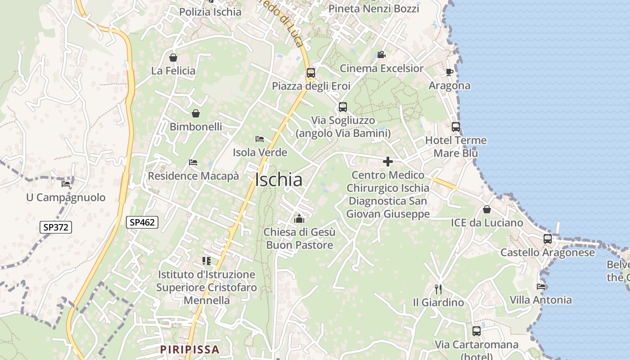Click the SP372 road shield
coord(56,227)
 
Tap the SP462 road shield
coord(142,222)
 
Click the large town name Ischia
coord(279,180)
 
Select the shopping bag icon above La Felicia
coord(173,58)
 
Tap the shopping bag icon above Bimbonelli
coord(196,113)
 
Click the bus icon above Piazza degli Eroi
coord(310,72)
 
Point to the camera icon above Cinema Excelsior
coord(381,55)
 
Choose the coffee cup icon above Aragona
coord(449,72)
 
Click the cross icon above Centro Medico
coord(388,162)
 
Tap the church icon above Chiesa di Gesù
coord(299,219)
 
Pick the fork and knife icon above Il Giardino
coord(438,289)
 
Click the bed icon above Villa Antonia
coord(541,286)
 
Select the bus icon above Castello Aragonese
coord(548,239)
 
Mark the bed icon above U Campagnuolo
coord(66,184)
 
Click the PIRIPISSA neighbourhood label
coord(190,349)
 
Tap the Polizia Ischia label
coord(210,12)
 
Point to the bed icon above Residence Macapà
coord(193,162)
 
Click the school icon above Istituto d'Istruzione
coord(207,261)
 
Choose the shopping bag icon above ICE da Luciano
coord(486,209)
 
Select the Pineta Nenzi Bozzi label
coord(373,9)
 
